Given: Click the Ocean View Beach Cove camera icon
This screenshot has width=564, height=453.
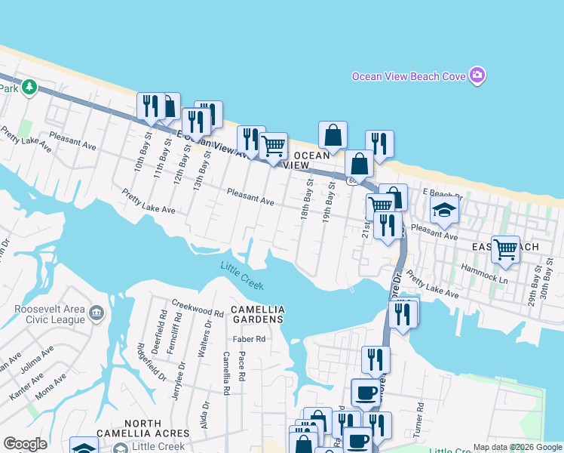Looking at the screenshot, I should [x=477, y=75].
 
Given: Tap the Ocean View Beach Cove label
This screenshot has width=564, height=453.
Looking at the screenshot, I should [x=409, y=76].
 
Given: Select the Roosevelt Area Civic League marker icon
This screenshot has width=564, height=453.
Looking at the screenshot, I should [x=97, y=313].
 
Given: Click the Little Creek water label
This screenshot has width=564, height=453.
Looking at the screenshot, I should [x=242, y=276].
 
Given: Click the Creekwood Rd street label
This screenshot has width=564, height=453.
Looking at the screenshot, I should [x=198, y=313].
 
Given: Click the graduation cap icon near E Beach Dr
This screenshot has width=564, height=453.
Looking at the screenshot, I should [x=445, y=211].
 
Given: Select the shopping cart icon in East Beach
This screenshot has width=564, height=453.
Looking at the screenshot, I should [x=505, y=248].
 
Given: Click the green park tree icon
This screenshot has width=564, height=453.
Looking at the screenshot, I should [x=29, y=88].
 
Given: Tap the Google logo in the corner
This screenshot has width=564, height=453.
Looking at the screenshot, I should [x=25, y=444].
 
